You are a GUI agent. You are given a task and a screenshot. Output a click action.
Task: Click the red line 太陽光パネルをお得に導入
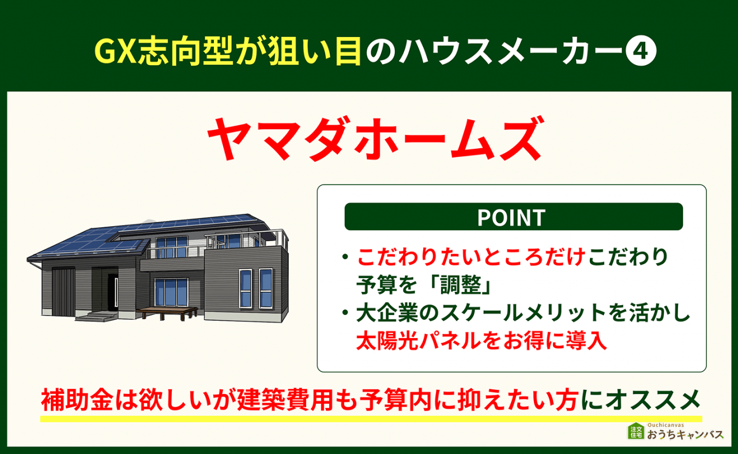(x=481, y=340)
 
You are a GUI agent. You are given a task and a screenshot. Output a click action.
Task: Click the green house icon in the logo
(x=636, y=432)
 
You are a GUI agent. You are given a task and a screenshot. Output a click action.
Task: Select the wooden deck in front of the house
(x=167, y=312)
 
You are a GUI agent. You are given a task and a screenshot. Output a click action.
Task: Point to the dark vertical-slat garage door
(x=63, y=292)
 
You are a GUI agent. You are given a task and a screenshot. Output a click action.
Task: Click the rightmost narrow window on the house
(x=265, y=287)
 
